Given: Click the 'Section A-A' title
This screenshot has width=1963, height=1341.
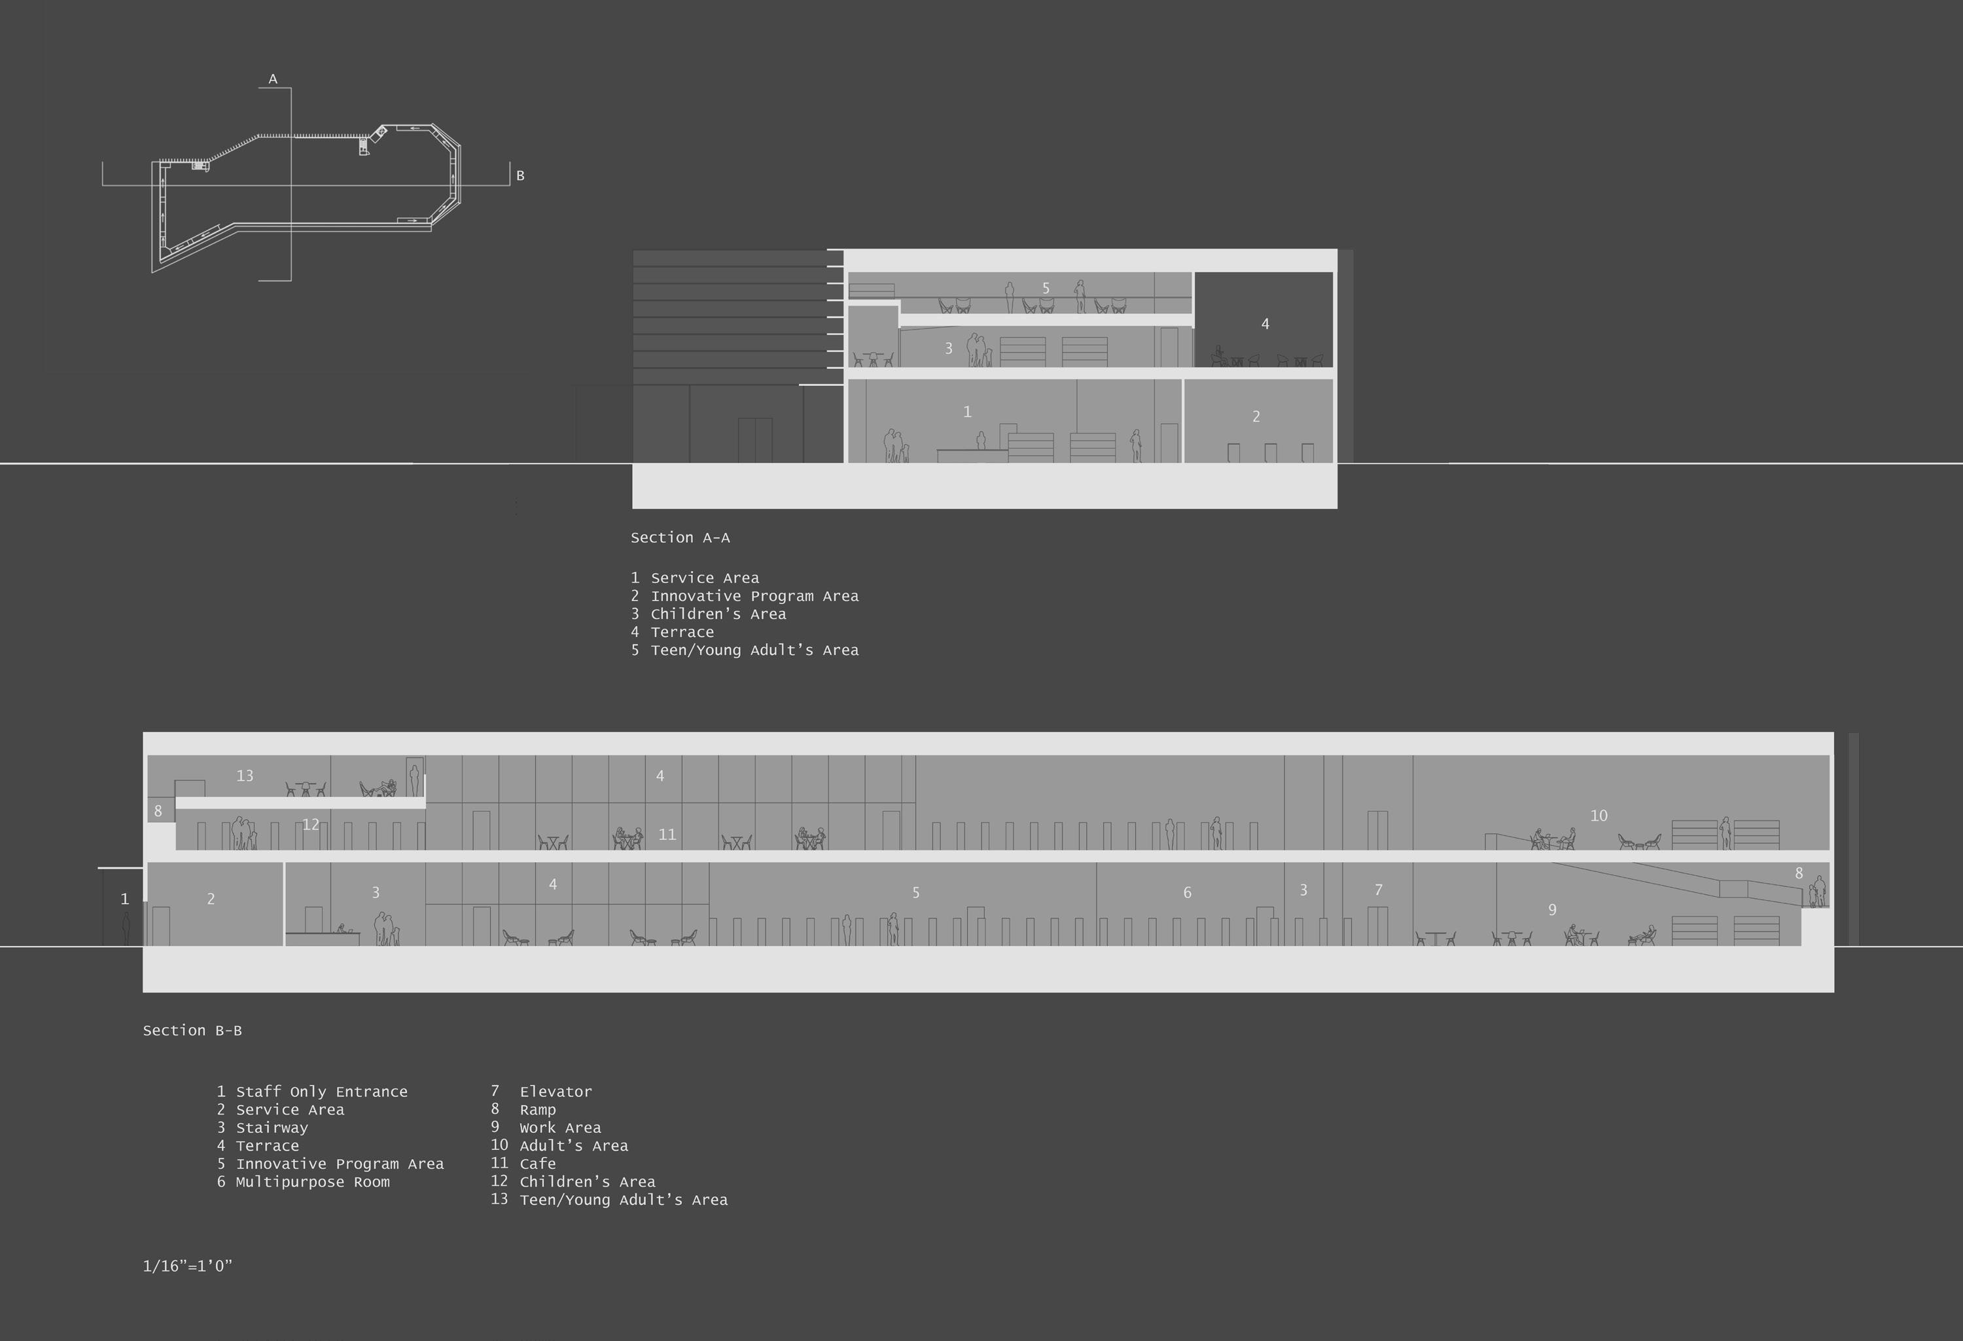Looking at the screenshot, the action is (680, 538).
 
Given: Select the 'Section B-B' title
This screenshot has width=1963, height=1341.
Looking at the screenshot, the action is (192, 1030).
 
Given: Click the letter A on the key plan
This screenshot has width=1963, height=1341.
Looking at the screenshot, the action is (273, 79).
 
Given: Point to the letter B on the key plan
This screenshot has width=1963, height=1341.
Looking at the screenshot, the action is (520, 176).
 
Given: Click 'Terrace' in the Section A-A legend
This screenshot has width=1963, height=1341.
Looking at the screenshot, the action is (682, 633).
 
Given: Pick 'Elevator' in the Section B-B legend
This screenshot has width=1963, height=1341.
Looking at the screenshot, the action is (555, 1092).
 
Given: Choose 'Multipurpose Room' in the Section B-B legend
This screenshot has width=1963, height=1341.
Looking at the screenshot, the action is (313, 1182).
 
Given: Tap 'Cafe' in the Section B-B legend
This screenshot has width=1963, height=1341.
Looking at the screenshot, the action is (537, 1164).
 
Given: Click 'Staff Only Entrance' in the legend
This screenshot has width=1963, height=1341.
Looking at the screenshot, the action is (321, 1092).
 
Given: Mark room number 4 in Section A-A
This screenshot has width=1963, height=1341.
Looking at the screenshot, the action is (1264, 323).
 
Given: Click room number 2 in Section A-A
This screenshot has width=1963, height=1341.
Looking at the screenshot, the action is (1256, 416).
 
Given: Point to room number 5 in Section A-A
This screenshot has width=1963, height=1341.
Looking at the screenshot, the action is (1046, 288).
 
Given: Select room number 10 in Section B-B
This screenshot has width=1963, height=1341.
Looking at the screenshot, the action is (1598, 816).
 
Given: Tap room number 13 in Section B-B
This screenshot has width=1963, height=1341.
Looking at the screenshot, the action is (245, 775).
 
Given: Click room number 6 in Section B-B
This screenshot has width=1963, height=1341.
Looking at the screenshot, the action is (1187, 893).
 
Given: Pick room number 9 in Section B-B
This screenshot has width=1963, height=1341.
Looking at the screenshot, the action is (1551, 909).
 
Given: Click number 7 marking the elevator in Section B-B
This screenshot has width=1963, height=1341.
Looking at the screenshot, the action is (1379, 890).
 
